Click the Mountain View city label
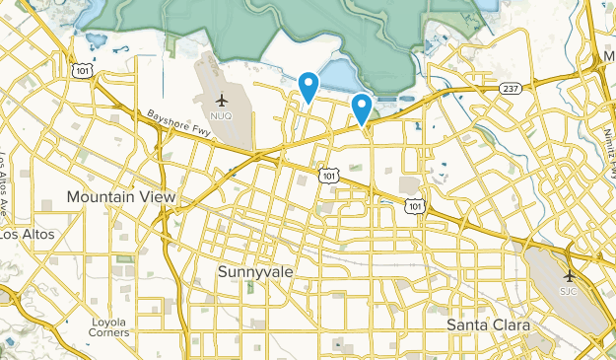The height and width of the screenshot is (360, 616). pyautogui.click(x=121, y=197)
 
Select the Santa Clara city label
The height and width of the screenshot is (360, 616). pyautogui.click(x=488, y=324)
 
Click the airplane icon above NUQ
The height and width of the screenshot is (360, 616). pyautogui.click(x=222, y=101)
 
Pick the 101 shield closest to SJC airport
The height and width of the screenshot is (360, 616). pyautogui.click(x=416, y=206)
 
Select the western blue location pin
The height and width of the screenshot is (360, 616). pyautogui.click(x=308, y=86)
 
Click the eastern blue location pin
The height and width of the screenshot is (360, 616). pyautogui.click(x=362, y=107)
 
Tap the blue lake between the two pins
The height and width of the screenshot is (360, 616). pyautogui.click(x=337, y=74)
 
